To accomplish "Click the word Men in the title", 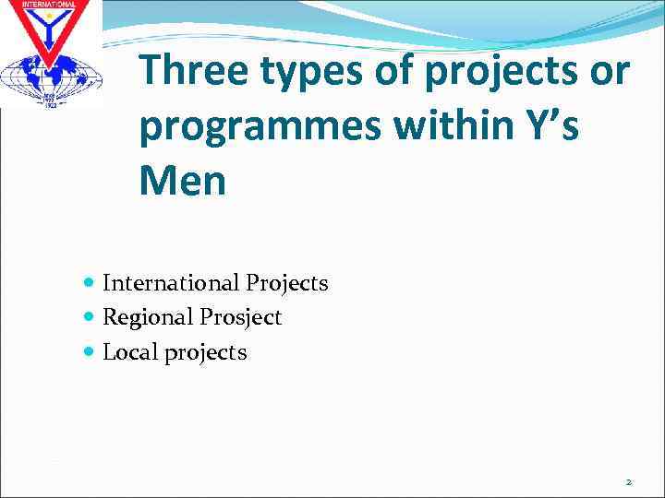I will [182, 182].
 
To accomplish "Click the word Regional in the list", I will [148, 318].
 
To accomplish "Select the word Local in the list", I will [130, 352].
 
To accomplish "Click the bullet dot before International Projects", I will [89, 283].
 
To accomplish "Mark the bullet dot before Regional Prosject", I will [89, 317].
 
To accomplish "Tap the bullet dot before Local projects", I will [89, 351].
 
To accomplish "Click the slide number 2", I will [628, 481].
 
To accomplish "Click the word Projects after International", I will [286, 283].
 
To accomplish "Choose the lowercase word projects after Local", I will [206, 353].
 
